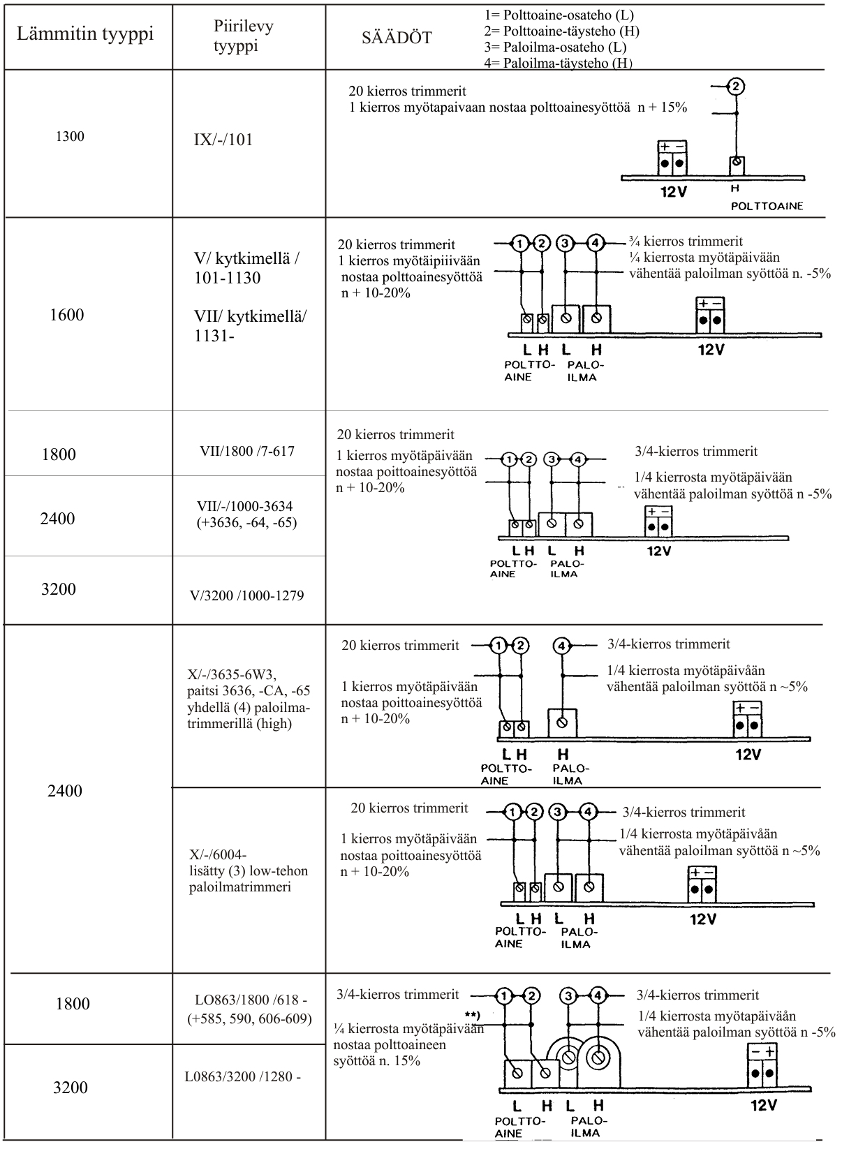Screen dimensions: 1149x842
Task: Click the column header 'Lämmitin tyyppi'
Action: tap(85, 34)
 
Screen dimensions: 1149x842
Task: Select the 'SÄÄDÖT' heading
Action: tap(397, 38)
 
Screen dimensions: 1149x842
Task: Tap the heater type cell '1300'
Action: tap(70, 136)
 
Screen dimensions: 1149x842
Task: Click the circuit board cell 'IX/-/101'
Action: tap(223, 140)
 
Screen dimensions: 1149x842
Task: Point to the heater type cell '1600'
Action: tap(67, 315)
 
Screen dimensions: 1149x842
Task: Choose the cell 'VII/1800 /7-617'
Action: tap(247, 451)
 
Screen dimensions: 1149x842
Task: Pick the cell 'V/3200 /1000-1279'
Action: tap(248, 595)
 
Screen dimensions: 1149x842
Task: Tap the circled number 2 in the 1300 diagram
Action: tap(736, 87)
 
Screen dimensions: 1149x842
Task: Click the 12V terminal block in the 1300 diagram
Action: tap(672, 158)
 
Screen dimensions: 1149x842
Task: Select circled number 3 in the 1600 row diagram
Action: tap(565, 244)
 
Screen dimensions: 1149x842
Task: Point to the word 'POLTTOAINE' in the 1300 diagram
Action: tap(767, 206)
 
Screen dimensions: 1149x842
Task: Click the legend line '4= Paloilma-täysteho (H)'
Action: tap(558, 64)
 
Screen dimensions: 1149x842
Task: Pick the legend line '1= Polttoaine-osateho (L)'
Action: tap(559, 15)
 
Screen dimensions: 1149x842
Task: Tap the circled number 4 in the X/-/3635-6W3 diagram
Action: tap(562, 646)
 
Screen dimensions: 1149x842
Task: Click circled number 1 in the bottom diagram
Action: tap(504, 995)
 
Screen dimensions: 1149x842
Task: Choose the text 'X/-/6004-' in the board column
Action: tap(218, 854)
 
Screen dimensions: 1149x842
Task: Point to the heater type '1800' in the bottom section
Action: tap(73, 1004)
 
